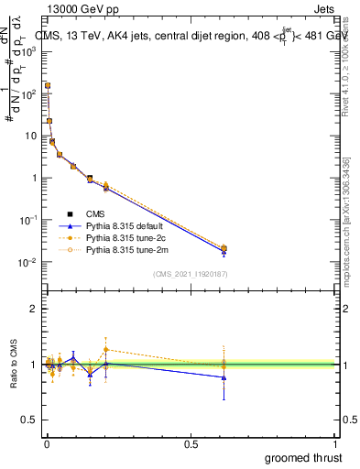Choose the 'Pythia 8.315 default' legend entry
pos(127,225)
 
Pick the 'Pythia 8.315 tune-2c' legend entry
pos(127,237)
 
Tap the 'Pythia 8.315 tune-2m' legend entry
pos(127,249)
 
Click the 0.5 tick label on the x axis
pos(191,444)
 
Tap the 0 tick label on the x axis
pos(47,444)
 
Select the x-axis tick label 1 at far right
pos(335,444)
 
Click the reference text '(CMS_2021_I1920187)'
pos(191,273)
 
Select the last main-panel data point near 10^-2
pos(224,248)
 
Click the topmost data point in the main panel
pos(48,85)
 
